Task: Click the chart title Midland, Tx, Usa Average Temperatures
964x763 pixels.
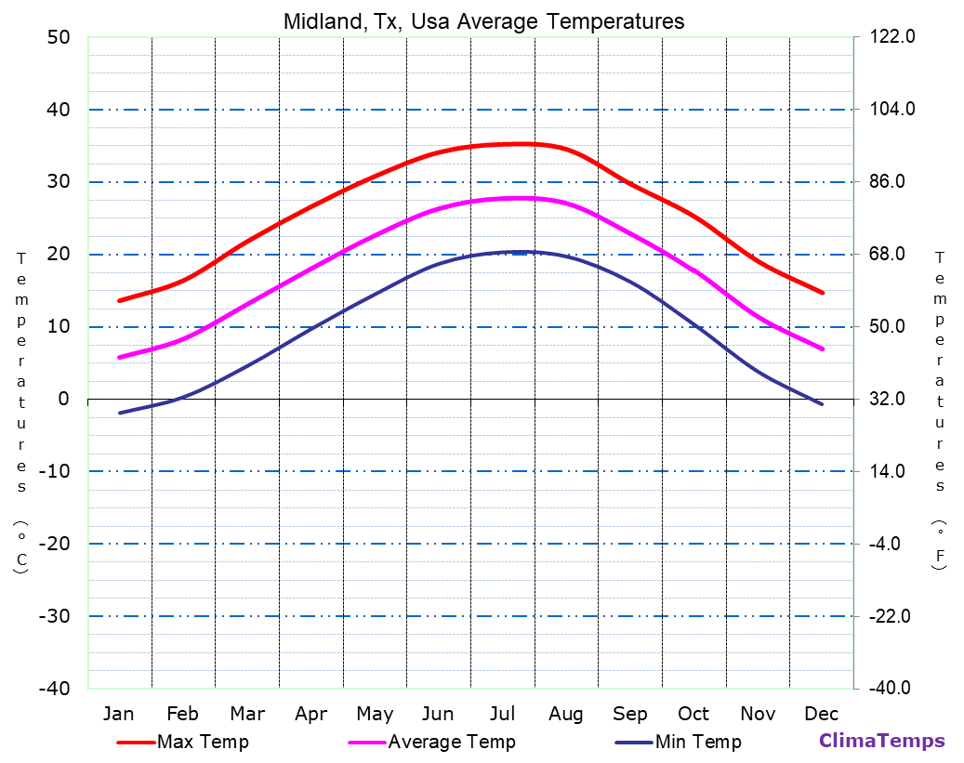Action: click(482, 21)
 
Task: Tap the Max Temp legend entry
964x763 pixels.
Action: click(203, 742)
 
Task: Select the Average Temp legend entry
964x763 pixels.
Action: click(451, 742)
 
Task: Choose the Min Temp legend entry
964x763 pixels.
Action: click(697, 742)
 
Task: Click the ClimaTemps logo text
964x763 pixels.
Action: click(881, 741)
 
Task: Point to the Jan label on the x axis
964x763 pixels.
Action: click(118, 714)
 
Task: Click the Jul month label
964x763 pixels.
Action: click(502, 714)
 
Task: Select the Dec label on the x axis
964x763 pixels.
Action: click(822, 714)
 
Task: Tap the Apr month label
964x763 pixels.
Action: click(310, 714)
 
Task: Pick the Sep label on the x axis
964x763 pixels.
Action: click(630, 714)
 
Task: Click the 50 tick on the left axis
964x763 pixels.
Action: click(58, 37)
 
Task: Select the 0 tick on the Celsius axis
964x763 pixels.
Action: click(63, 399)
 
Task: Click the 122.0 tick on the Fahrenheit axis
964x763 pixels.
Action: click(892, 37)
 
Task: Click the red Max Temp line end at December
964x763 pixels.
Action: click(822, 293)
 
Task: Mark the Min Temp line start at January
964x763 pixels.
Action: click(120, 413)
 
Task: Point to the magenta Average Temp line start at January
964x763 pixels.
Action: click(120, 357)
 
